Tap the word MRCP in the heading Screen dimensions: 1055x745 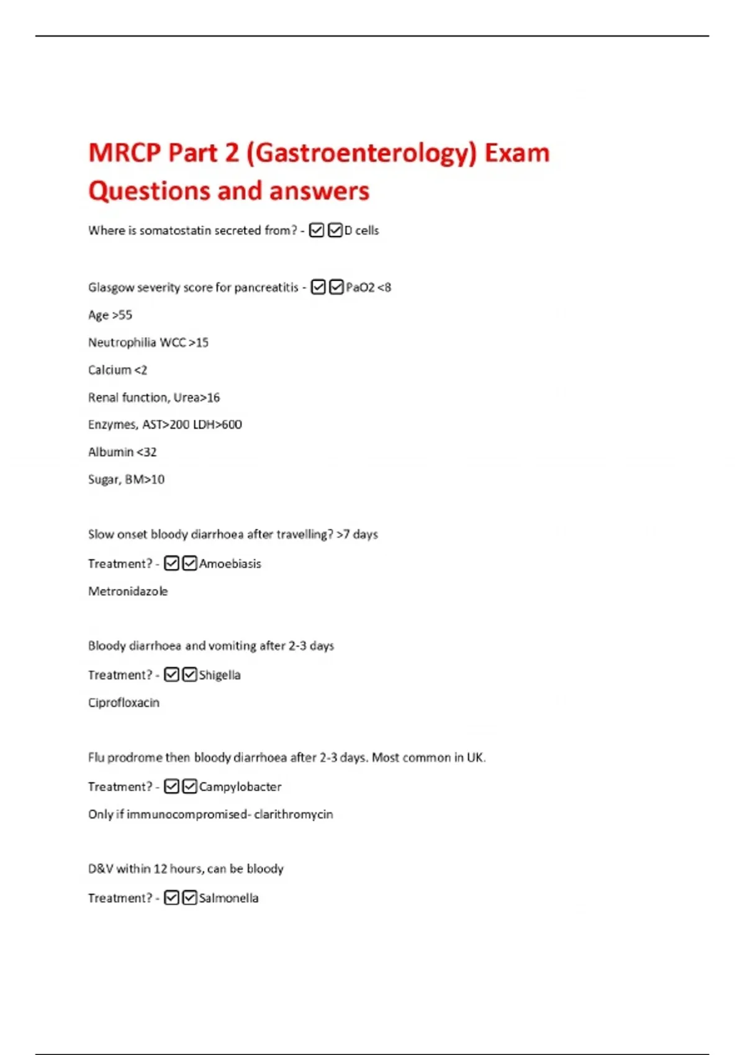coord(124,153)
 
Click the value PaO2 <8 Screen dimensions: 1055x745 coord(368,287)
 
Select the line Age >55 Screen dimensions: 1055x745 coord(110,315)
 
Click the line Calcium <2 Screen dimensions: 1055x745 coord(117,370)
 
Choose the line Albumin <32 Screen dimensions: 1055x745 coord(122,452)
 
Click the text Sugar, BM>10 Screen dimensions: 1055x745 coord(126,479)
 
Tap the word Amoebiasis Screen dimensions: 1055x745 coord(230,563)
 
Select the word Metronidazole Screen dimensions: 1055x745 coord(128,591)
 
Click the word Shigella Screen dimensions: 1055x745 coord(220,675)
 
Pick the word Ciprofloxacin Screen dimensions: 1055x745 coord(124,703)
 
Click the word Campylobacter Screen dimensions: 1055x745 coord(240,786)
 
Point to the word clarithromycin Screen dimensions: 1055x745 coord(294,814)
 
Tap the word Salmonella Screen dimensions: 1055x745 coord(228,898)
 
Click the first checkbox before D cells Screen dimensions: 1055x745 coord(317,230)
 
